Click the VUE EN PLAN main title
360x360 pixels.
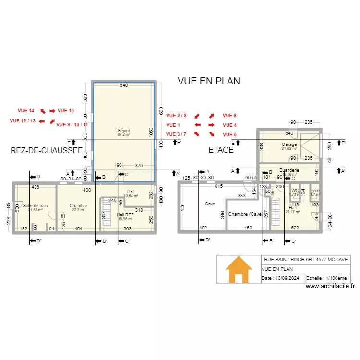[208, 81]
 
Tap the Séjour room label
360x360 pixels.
[124, 131]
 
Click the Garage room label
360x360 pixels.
[289, 144]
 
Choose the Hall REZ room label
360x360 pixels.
[126, 215]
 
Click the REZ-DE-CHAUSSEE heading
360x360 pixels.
[46, 150]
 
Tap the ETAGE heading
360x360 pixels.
[221, 150]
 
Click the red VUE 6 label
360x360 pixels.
[229, 116]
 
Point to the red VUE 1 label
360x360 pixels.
[173, 125]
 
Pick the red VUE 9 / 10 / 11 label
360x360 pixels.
[72, 125]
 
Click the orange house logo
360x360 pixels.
[239, 269]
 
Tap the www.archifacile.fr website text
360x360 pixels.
[329, 287]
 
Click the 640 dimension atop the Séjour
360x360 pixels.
[123, 86]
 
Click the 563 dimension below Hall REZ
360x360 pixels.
[127, 229]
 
